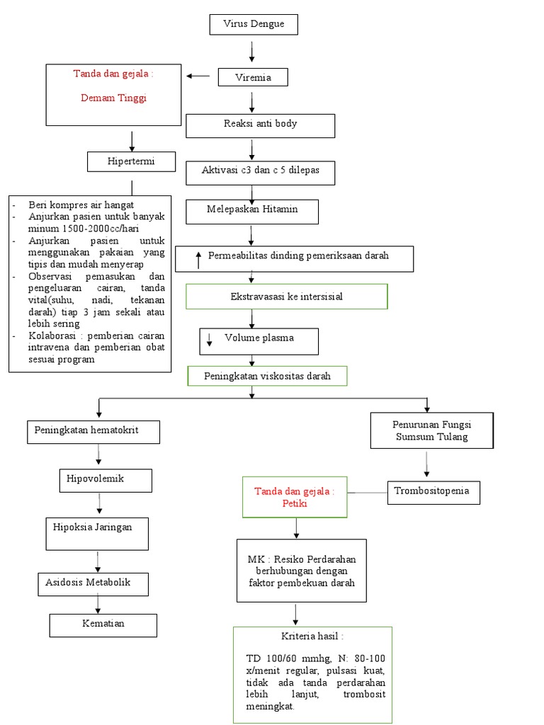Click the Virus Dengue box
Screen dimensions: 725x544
[254, 24]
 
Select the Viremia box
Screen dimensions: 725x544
[253, 77]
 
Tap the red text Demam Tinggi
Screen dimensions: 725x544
[114, 98]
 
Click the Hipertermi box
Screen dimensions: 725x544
[131, 161]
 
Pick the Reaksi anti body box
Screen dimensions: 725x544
[260, 125]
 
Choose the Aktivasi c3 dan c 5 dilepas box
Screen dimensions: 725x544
[260, 172]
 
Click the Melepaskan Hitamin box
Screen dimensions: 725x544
[252, 210]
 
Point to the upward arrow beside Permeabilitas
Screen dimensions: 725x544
[199, 258]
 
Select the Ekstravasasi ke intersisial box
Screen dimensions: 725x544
[287, 297]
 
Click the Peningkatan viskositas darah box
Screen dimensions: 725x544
[267, 376]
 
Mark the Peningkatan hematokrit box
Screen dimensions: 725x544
[93, 431]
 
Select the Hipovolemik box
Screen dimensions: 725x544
[105, 479]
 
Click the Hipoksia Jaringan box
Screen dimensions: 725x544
[98, 532]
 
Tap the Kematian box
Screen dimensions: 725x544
[103, 624]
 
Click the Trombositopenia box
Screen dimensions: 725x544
[433, 492]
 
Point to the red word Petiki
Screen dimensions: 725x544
[294, 505]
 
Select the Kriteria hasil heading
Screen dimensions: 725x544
[312, 636]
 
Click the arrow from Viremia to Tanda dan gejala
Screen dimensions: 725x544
[198, 75]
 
